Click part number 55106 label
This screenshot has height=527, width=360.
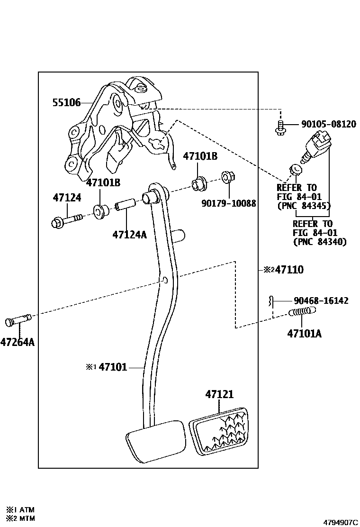(66, 102)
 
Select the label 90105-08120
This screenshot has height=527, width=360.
(329, 125)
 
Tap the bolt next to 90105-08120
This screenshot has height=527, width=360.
(280, 127)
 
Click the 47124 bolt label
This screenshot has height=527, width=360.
(67, 198)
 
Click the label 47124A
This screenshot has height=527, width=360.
(130, 234)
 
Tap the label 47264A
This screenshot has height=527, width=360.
(17, 341)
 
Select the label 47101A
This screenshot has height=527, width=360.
(304, 334)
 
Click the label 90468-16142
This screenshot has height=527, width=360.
(321, 300)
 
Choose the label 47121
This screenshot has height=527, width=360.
(219, 394)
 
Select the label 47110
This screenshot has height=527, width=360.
(289, 270)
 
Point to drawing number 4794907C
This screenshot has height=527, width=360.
(341, 522)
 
